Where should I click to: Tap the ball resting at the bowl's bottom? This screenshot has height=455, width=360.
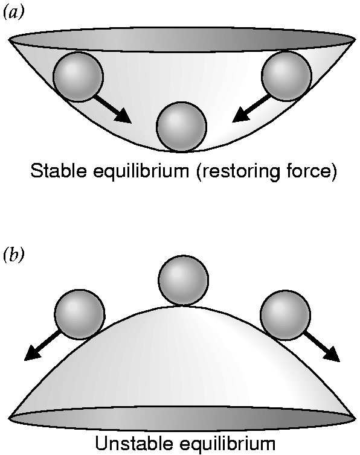[181, 127]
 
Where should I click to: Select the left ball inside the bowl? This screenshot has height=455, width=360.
[78, 77]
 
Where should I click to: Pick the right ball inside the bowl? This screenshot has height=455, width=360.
[286, 76]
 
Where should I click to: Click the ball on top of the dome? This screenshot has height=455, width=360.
[184, 281]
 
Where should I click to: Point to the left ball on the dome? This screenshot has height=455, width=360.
[80, 314]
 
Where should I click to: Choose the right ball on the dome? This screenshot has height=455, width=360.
[286, 315]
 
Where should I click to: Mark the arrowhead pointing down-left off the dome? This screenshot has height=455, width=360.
[32, 353]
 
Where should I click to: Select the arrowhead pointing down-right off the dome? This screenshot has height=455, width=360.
[332, 354]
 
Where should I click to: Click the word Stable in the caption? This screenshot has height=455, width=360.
[59, 170]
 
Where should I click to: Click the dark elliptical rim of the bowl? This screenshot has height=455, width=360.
[182, 39]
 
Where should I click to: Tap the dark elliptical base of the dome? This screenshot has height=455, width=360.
[183, 418]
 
